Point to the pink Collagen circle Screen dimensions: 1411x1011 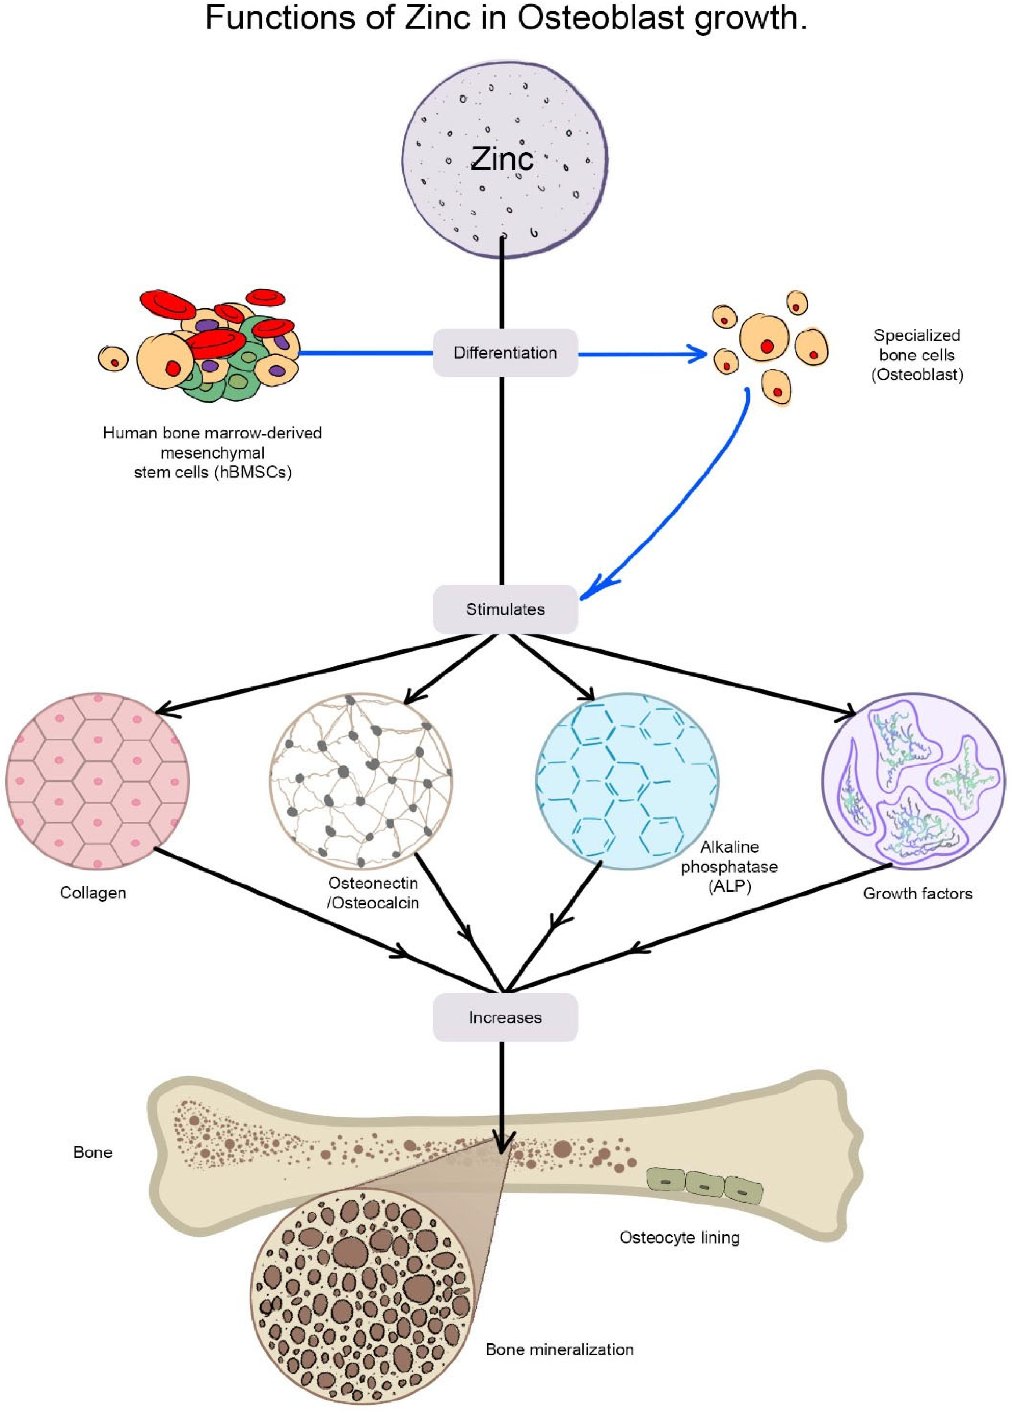click(97, 781)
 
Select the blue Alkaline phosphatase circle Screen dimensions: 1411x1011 click(627, 781)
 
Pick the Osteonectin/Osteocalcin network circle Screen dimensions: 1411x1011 click(361, 781)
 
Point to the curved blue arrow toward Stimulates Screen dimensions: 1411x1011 click(684, 498)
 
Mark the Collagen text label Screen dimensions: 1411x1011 click(93, 893)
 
